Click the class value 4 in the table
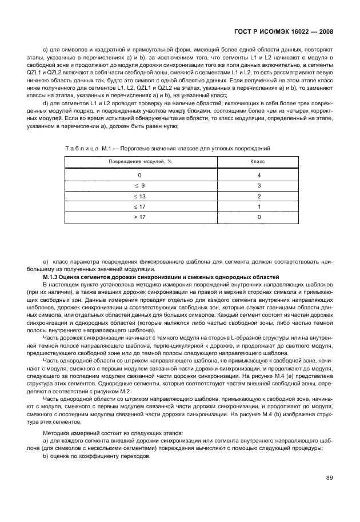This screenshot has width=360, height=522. pyautogui.click(x=259, y=175)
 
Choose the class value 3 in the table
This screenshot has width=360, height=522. pyautogui.click(x=259, y=186)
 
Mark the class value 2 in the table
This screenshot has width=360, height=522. pyautogui.click(x=259, y=196)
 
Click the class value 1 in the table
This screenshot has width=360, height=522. pyautogui.click(x=259, y=207)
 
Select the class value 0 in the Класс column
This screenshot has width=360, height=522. pyautogui.click(x=259, y=217)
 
